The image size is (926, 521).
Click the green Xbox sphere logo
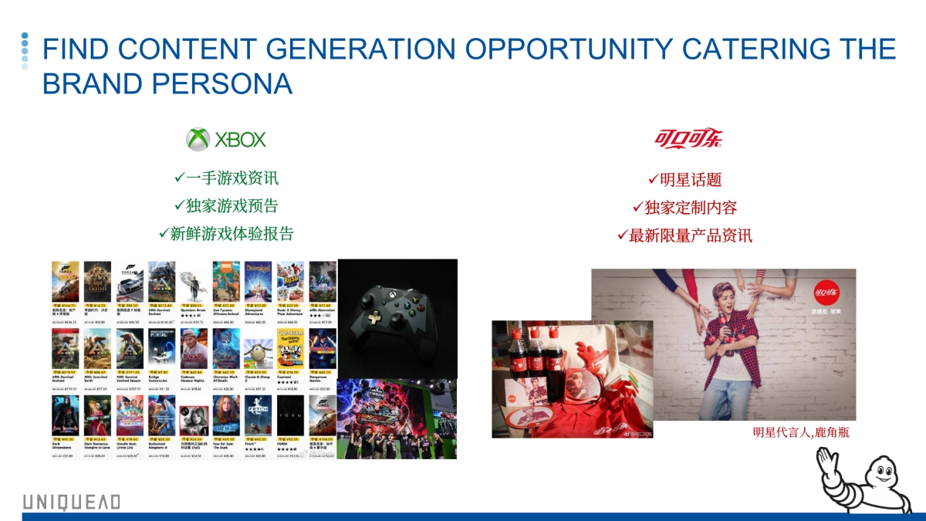click(x=198, y=140)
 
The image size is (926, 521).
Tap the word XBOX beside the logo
click(x=240, y=140)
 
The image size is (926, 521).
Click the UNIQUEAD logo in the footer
click(x=71, y=502)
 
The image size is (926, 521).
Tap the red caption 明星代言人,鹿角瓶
click(x=800, y=432)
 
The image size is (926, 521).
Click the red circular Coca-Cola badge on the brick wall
click(x=825, y=293)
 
